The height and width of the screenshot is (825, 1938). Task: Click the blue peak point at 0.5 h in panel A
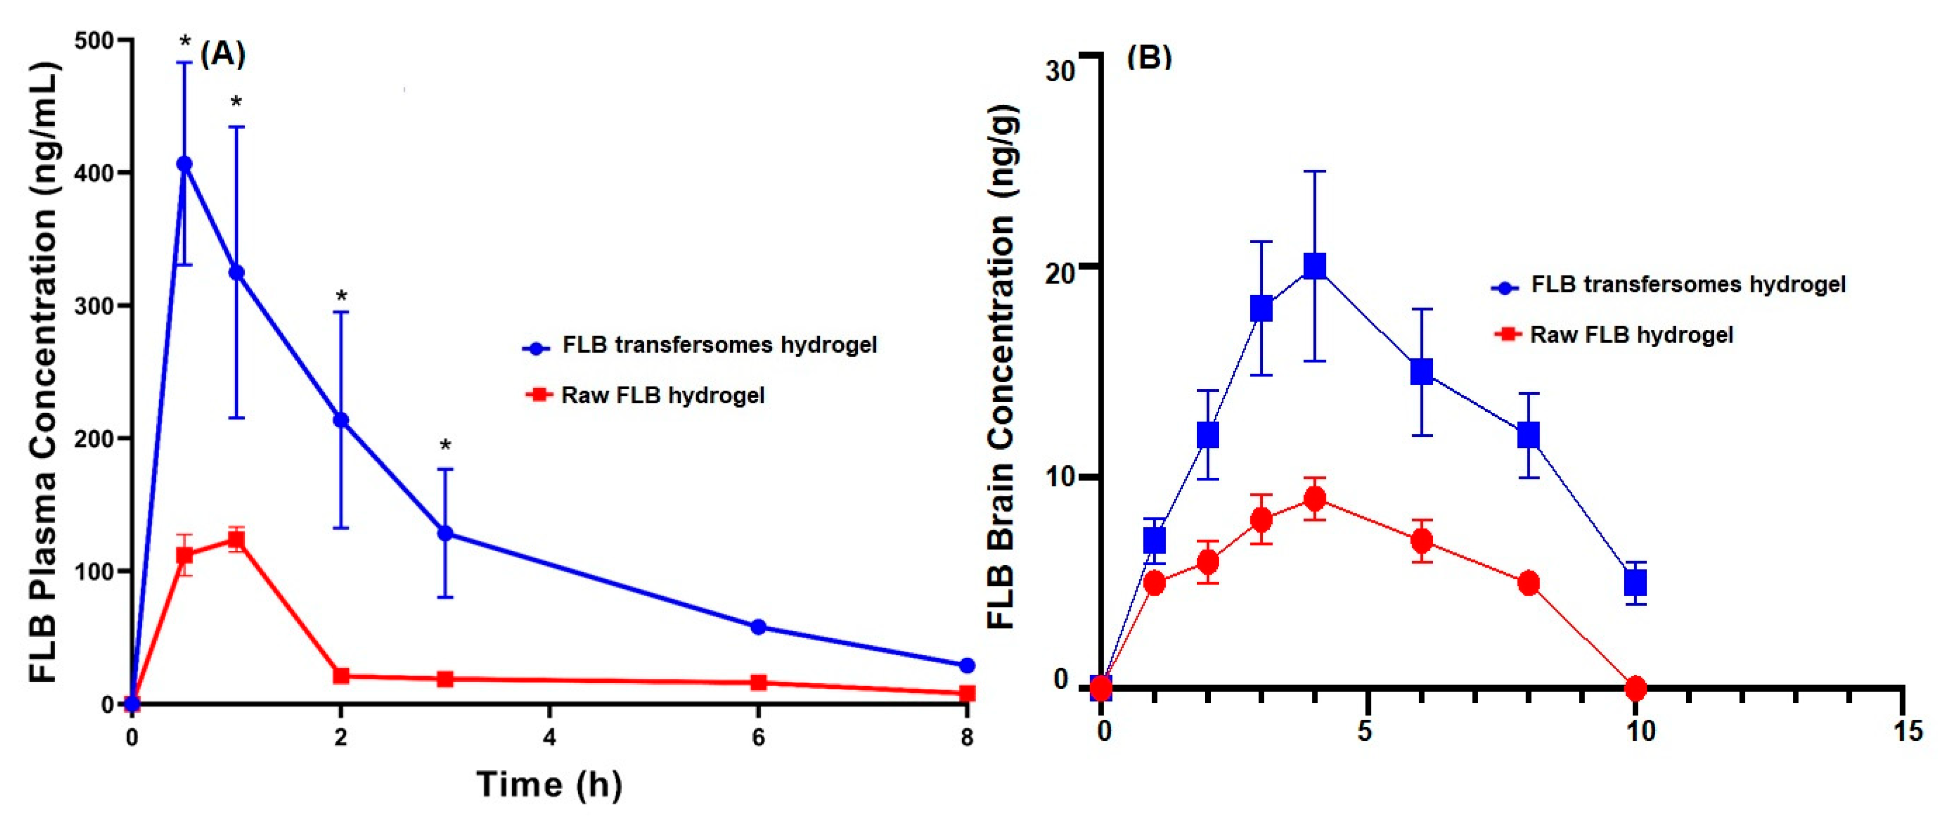pyautogui.click(x=184, y=164)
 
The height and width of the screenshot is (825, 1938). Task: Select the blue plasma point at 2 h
pyautogui.click(x=341, y=420)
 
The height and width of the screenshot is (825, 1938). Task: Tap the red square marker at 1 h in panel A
pyautogui.click(x=236, y=539)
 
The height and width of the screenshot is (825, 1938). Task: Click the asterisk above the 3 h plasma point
pyautogui.click(x=445, y=446)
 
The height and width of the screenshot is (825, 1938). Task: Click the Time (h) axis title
pyautogui.click(x=549, y=784)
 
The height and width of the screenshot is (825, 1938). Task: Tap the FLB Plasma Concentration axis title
pyautogui.click(x=44, y=373)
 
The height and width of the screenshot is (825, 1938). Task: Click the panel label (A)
pyautogui.click(x=223, y=54)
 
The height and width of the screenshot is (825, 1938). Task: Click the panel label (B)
pyautogui.click(x=1149, y=57)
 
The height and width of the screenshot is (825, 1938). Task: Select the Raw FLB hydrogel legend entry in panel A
pyautogui.click(x=662, y=395)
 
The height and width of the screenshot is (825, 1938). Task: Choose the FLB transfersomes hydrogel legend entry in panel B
pyautogui.click(x=1687, y=285)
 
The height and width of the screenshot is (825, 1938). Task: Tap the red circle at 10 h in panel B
pyautogui.click(x=1635, y=687)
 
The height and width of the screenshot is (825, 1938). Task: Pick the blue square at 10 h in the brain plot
pyautogui.click(x=1635, y=583)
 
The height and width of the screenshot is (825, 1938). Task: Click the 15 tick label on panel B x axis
pyautogui.click(x=1907, y=731)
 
